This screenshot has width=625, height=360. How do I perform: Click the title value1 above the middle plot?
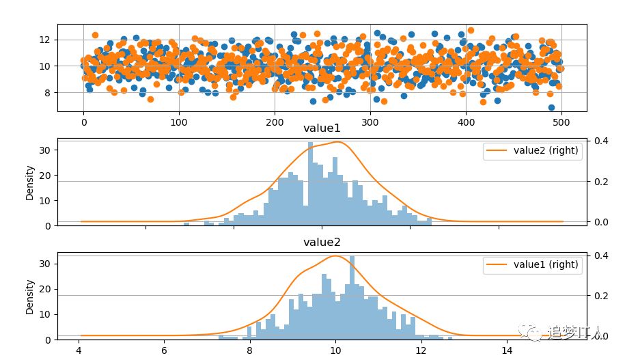click(x=322, y=128)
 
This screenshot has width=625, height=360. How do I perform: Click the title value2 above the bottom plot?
click(x=322, y=242)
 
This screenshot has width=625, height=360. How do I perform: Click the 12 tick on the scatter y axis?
click(x=44, y=40)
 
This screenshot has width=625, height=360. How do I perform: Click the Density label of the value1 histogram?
click(x=30, y=182)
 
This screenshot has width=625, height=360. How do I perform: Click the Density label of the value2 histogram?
click(x=30, y=296)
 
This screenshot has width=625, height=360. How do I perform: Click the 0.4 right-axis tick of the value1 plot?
click(x=602, y=141)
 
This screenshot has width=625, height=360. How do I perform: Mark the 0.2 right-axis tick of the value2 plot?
click(x=602, y=296)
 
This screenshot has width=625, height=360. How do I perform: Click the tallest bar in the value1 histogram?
click(x=310, y=184)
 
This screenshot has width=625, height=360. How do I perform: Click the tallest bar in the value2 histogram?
click(x=352, y=298)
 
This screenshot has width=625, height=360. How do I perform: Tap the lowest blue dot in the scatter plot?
click(x=551, y=107)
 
